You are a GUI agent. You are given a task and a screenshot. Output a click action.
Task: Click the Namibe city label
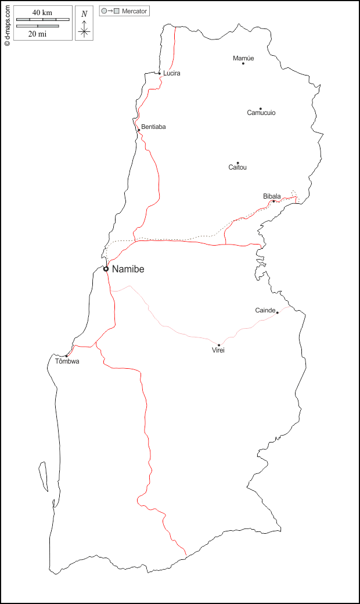[x=128, y=269]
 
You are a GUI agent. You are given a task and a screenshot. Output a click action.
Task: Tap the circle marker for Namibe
[x=106, y=269]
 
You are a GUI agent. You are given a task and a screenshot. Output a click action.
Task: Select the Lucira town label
[x=172, y=73]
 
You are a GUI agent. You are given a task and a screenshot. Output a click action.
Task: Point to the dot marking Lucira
[x=160, y=73]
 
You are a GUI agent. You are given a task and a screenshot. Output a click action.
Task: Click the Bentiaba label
[x=153, y=127]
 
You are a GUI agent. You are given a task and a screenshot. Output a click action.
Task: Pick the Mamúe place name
[x=243, y=58]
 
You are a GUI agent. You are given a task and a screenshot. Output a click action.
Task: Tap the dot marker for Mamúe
[x=243, y=63]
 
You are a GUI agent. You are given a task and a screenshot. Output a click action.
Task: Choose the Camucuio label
[x=261, y=113]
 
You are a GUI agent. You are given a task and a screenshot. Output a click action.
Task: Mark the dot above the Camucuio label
[x=261, y=108]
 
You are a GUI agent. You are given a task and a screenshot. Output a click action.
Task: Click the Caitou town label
[x=237, y=167]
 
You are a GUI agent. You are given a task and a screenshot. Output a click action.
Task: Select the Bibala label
[x=272, y=196]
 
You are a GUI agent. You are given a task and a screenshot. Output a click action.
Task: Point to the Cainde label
[x=265, y=310]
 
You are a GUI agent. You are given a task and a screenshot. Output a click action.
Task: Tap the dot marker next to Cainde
[x=277, y=312]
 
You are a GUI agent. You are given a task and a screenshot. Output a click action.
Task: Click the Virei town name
[x=218, y=350]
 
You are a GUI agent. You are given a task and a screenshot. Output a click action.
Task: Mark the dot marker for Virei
[x=219, y=345]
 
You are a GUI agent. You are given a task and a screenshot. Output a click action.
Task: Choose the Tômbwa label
[x=67, y=361]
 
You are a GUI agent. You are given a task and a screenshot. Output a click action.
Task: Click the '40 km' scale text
[x=43, y=13]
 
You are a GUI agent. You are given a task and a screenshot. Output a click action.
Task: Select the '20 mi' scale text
[x=38, y=34]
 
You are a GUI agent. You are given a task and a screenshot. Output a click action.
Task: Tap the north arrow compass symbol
[x=84, y=27]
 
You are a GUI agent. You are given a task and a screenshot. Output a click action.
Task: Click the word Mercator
[x=135, y=11]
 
